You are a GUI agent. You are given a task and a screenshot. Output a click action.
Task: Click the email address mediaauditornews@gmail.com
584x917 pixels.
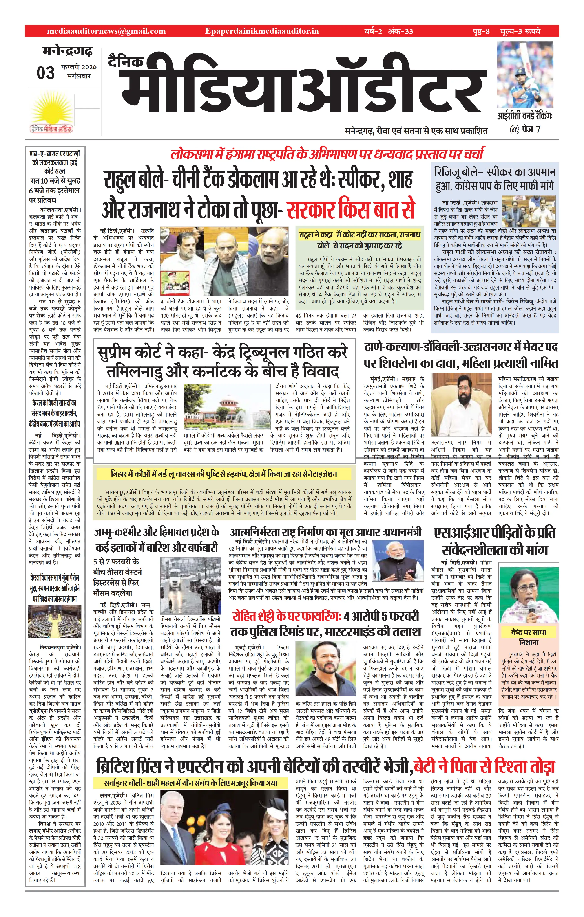point(106,31)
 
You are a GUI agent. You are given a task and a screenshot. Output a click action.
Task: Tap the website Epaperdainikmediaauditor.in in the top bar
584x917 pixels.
point(261,31)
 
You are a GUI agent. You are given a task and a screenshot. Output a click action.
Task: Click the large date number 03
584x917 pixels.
point(46,72)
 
